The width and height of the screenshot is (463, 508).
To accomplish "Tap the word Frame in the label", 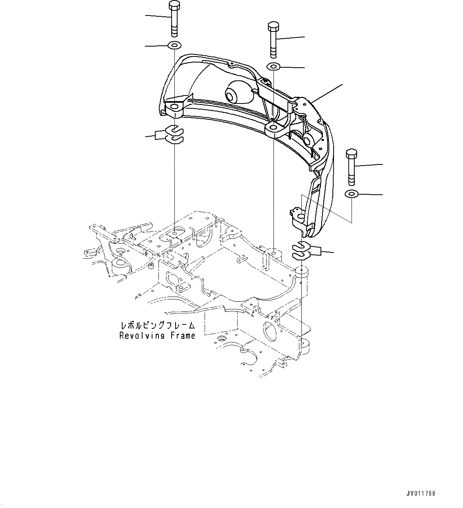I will click(x=184, y=336).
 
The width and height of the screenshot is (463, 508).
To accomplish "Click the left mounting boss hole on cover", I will click(x=174, y=107).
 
